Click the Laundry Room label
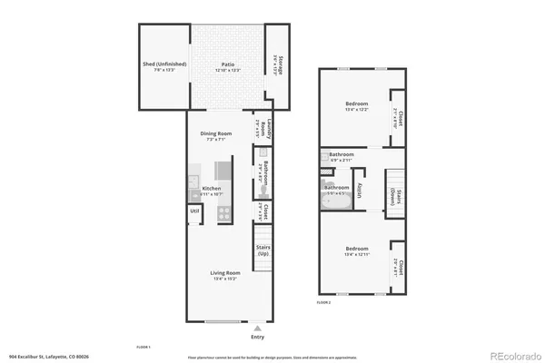coord(258,129)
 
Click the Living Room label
coord(226,275)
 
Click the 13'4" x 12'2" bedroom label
coord(356,107)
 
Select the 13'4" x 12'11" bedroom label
coord(356,251)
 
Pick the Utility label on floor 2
coord(361,190)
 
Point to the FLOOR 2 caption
coord(324,301)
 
